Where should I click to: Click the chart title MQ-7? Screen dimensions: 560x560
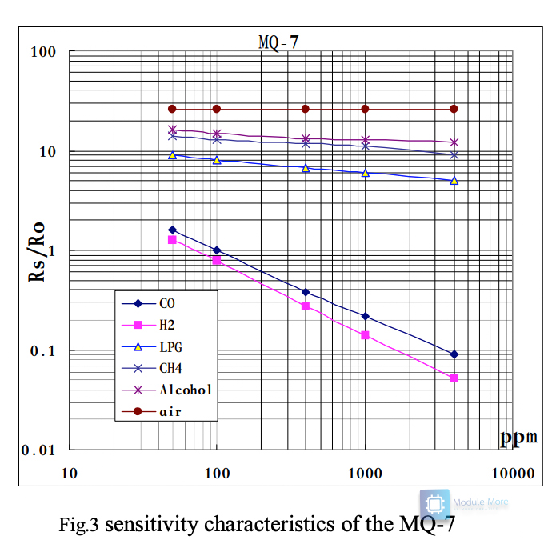pos(278,42)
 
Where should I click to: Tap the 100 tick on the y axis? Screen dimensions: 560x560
pos(42,53)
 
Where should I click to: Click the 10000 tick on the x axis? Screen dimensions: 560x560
pos(512,473)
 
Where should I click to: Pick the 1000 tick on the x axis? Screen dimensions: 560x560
pos(365,473)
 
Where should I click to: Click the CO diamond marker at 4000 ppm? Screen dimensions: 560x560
pos(454,354)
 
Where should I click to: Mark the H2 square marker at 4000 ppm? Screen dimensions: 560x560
pos(454,378)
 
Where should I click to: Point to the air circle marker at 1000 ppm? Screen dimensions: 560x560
pos(365,109)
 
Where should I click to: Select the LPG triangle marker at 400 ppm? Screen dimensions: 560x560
pos(305,168)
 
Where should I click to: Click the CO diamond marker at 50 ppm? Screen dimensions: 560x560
pos(172,230)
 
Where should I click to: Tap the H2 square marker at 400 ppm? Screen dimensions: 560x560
pos(305,306)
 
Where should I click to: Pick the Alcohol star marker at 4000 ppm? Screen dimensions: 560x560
pos(454,142)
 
